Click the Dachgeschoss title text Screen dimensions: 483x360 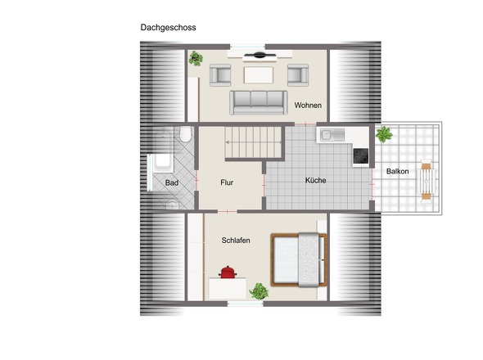coord(168,27)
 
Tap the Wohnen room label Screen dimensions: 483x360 coord(308,105)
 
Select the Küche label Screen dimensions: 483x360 coord(315,180)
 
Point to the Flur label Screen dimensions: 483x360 coord(227,182)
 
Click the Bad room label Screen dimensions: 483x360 coord(172,182)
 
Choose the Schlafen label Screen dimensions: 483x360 coord(236,241)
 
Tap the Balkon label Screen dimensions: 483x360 coord(397,171)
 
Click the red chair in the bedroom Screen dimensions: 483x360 coord(228,272)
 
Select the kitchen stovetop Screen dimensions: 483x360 coord(361,155)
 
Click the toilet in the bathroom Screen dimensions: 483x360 coord(186,134)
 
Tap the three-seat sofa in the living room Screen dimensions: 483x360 coord(259,103)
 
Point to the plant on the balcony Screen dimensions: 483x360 coord(384,134)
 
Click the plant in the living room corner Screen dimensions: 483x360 coord(196,58)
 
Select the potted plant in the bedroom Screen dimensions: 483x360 coord(259,291)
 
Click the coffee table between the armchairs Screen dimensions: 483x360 coord(259,75)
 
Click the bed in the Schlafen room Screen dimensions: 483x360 coord(299,260)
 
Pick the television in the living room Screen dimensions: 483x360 coord(260,55)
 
